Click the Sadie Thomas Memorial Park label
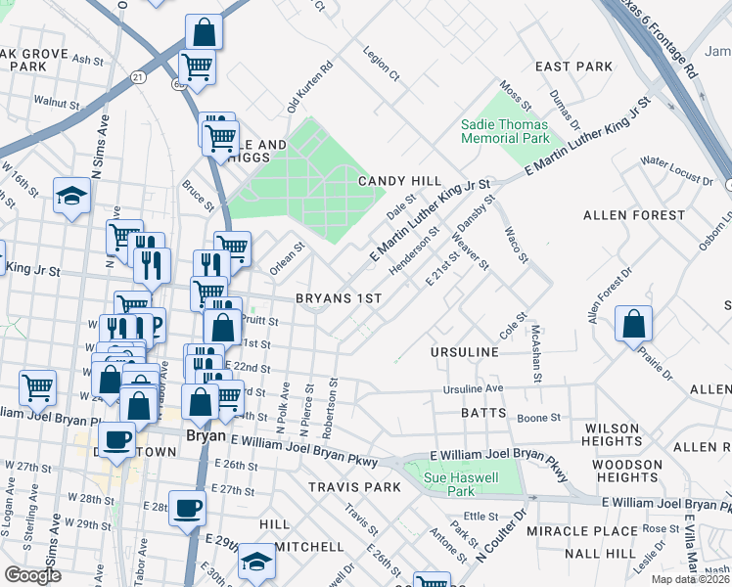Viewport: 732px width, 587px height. (506, 132)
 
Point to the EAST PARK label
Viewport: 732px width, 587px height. (573, 67)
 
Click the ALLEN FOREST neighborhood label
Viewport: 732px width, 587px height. (633, 214)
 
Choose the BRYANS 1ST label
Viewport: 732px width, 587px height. (338, 297)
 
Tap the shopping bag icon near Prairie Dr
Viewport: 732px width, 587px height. (634, 324)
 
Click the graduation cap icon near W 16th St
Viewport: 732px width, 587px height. (71, 197)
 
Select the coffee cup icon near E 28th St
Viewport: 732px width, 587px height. (187, 508)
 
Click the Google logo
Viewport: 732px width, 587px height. (32, 575)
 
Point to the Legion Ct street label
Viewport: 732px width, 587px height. (382, 63)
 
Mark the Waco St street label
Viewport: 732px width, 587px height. (515, 246)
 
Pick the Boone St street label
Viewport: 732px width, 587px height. (538, 418)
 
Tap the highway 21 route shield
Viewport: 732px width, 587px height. (138, 76)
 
